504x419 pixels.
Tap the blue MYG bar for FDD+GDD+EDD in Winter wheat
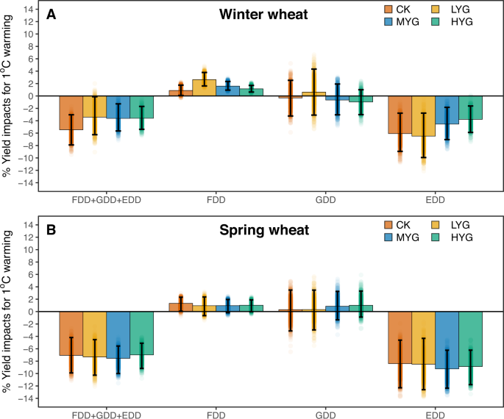(118, 107)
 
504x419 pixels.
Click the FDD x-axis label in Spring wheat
(216, 414)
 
